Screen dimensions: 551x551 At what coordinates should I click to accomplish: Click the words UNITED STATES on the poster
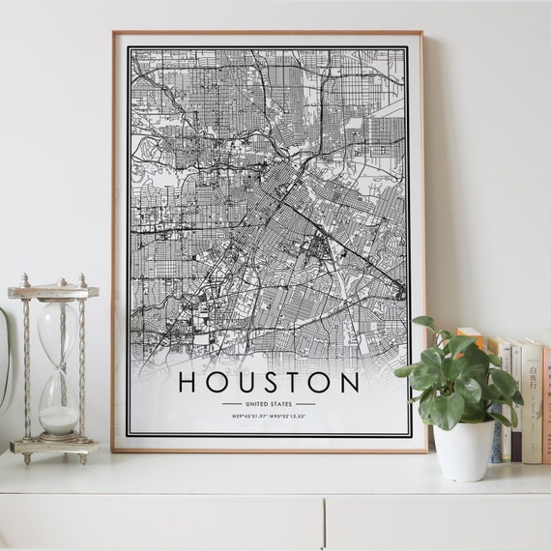click(x=269, y=403)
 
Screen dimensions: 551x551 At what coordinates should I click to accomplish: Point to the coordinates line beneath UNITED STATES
click(x=269, y=417)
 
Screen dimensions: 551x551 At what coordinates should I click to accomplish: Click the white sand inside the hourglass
click(x=59, y=419)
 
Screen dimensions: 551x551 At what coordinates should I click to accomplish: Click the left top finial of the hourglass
click(x=23, y=282)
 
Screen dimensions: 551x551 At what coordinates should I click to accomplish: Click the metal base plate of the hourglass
click(x=54, y=446)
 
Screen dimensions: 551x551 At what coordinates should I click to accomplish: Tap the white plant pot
click(x=463, y=449)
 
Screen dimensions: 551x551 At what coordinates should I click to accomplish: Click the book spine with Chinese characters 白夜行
click(x=531, y=396)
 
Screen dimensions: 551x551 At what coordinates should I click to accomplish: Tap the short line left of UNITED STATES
click(x=232, y=403)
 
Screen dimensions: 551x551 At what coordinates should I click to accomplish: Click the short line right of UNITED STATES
click(x=305, y=403)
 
